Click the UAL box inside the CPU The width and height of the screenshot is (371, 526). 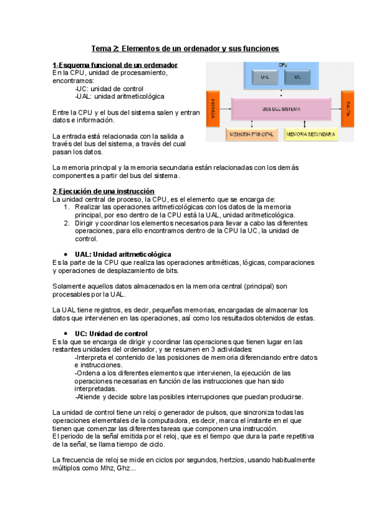(x=265, y=78)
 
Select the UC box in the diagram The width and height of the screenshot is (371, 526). (x=298, y=78)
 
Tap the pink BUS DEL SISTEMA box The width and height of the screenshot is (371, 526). (x=281, y=109)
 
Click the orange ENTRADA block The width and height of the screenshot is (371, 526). (x=213, y=109)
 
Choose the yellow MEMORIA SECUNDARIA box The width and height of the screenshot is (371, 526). (x=311, y=134)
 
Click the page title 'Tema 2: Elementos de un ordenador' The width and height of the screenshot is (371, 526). (x=185, y=48)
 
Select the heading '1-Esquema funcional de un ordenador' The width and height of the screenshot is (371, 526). (x=116, y=65)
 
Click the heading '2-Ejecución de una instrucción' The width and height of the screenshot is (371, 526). (x=103, y=191)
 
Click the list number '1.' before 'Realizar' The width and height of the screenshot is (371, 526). (x=68, y=207)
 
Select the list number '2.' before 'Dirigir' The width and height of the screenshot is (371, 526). (x=68, y=223)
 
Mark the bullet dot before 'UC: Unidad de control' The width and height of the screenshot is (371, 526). (x=66, y=334)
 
